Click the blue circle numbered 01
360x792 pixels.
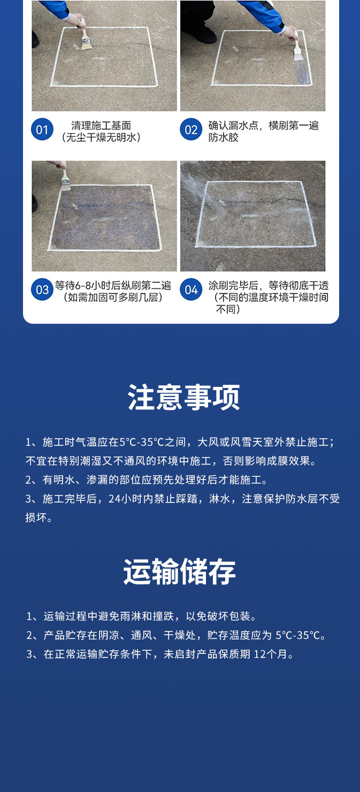point(42,130)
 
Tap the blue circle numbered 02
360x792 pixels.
point(191,130)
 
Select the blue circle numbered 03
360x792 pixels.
point(42,290)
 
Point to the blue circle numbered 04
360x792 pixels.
point(191,290)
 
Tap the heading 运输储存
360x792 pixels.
point(180,572)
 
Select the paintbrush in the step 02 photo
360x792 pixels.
point(297,50)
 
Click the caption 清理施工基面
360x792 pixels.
point(101,126)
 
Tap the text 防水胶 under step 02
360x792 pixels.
point(224,138)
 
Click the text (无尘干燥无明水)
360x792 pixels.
point(101,138)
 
